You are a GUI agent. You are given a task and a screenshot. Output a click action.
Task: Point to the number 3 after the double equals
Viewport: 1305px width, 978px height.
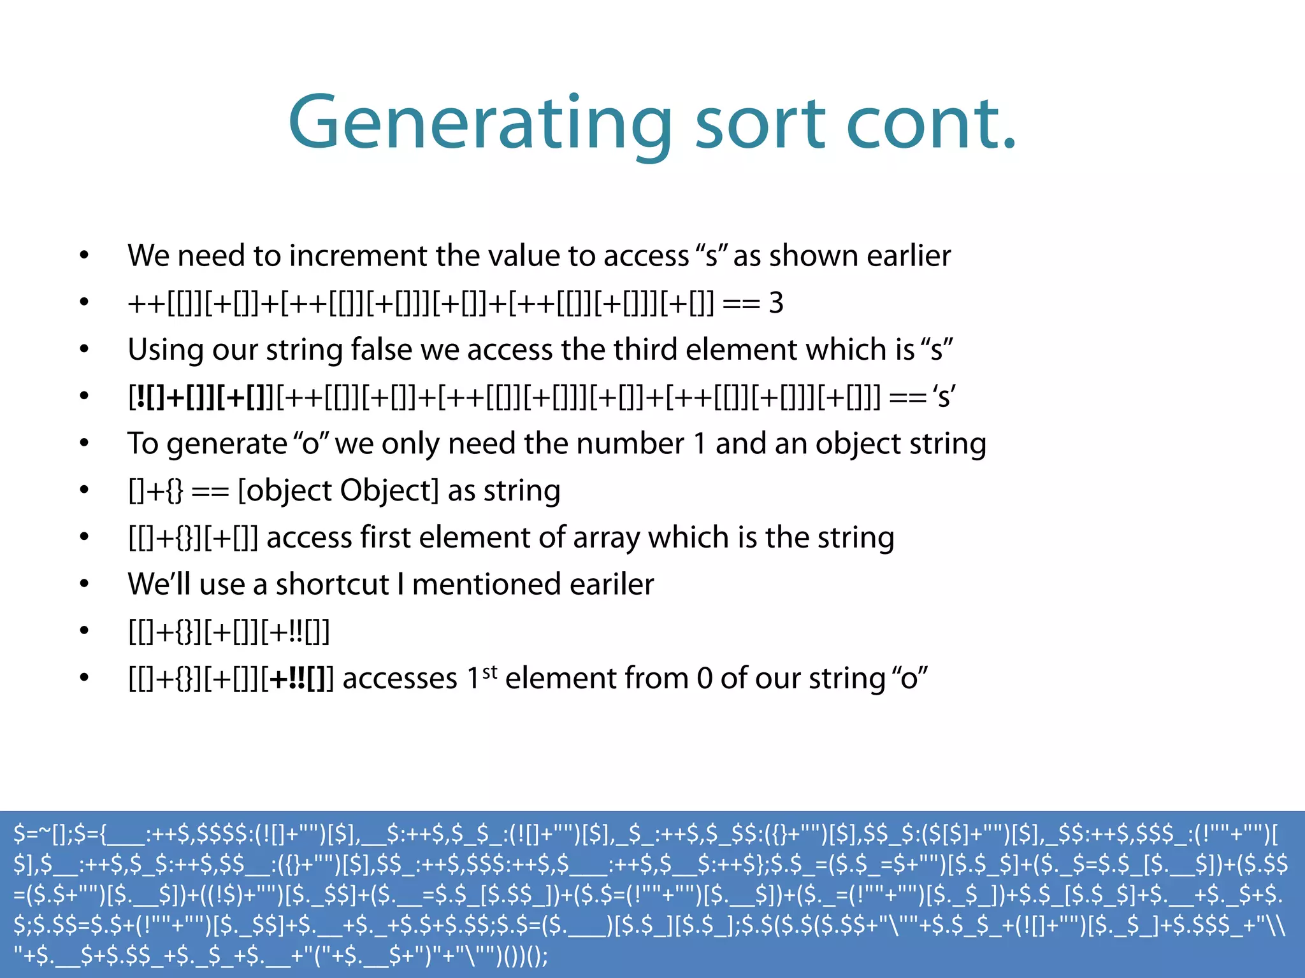coord(775,303)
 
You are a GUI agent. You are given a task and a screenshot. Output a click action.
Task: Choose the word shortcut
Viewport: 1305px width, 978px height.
coord(332,585)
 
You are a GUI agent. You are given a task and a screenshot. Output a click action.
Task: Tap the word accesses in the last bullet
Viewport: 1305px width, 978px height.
coord(400,679)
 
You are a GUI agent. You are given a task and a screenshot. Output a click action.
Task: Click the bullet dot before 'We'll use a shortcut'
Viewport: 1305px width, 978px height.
coord(84,585)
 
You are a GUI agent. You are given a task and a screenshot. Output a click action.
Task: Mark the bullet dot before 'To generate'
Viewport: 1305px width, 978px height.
coord(84,444)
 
